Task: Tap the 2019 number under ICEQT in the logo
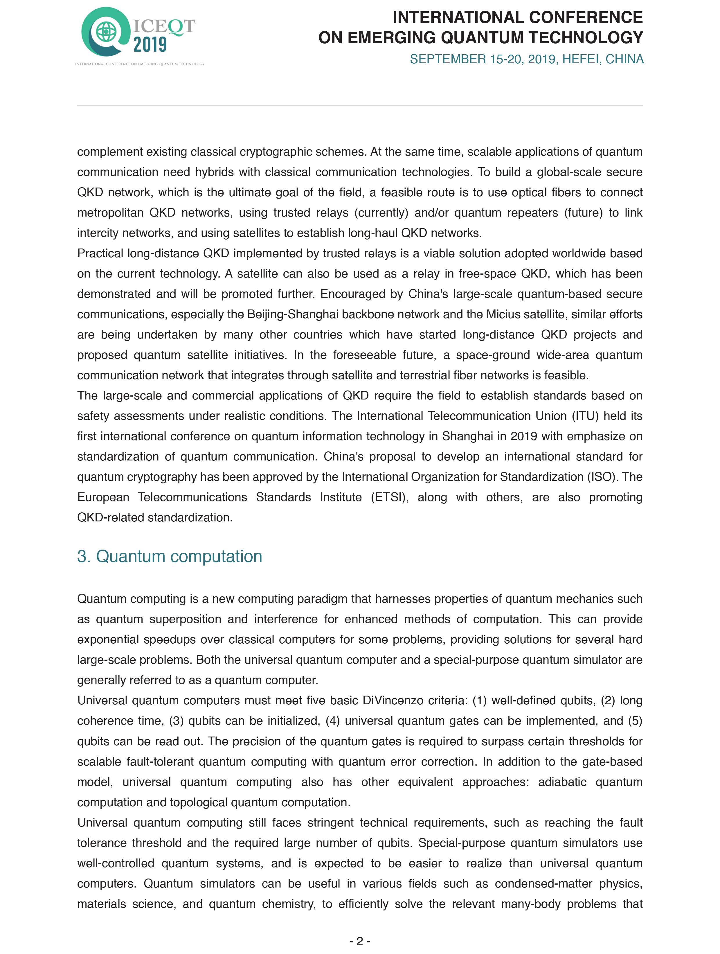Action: click(150, 45)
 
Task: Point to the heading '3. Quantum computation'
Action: click(170, 556)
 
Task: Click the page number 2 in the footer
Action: click(360, 941)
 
